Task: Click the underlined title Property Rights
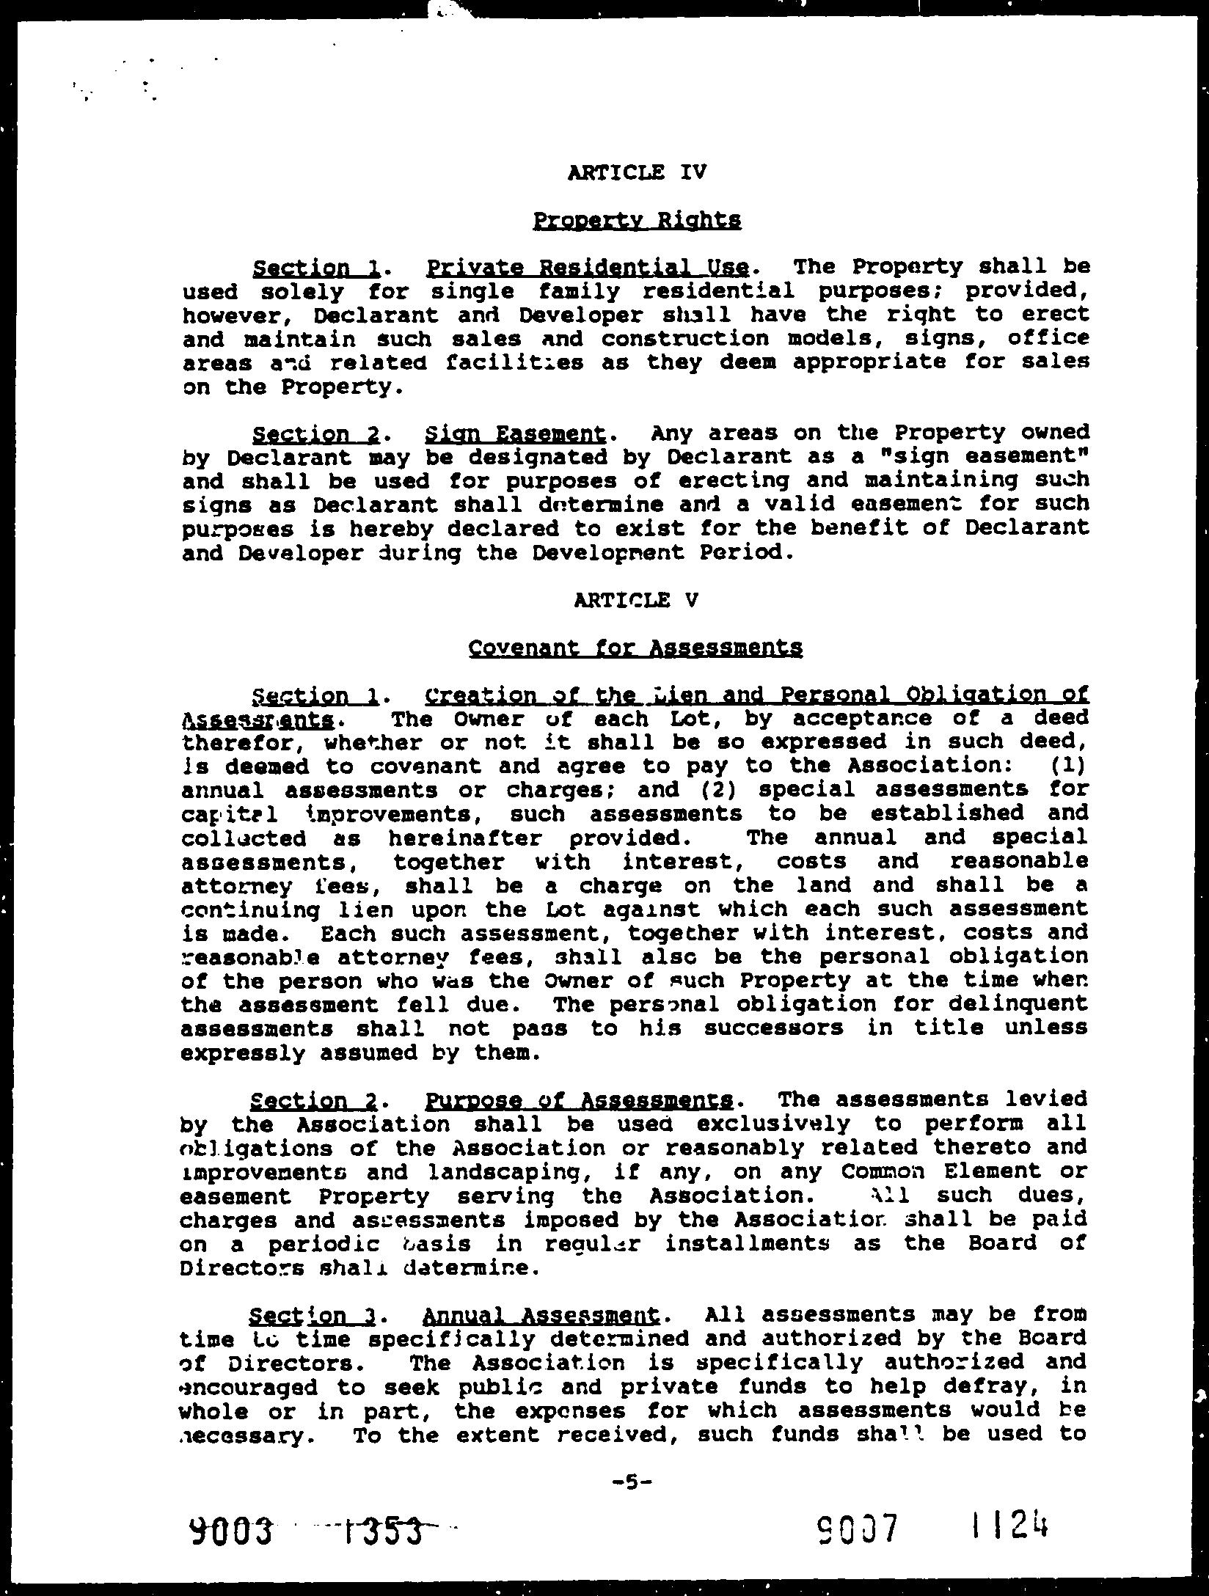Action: tap(636, 220)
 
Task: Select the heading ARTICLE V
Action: tap(636, 600)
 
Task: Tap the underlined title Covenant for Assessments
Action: tap(635, 648)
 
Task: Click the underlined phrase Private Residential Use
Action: tap(587, 267)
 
